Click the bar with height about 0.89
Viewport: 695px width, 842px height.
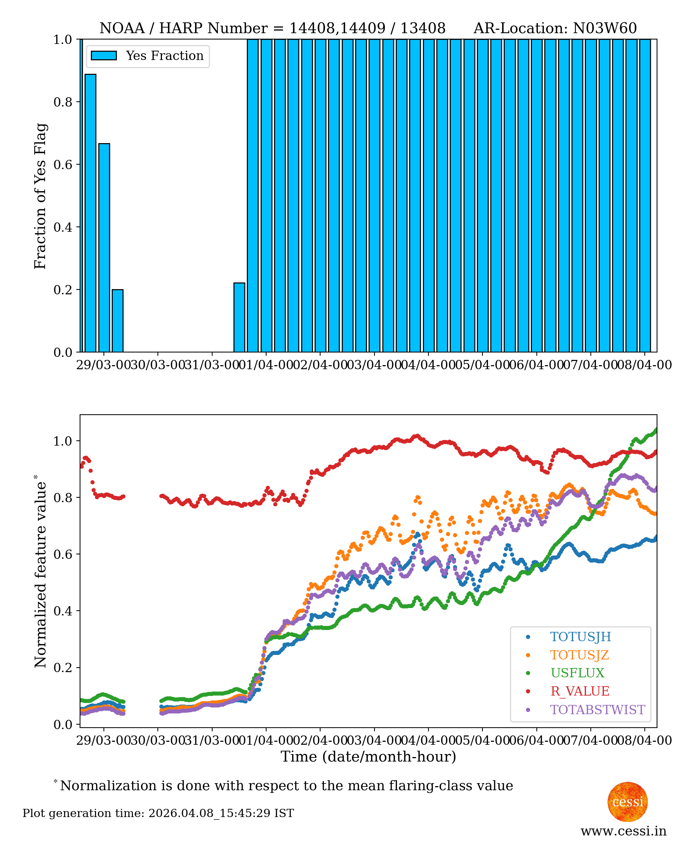point(90,213)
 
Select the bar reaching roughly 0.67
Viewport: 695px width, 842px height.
point(104,247)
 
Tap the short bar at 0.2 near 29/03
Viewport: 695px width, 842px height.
point(118,320)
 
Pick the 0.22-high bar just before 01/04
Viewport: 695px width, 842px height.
point(239,317)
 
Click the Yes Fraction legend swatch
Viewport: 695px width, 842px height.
point(104,56)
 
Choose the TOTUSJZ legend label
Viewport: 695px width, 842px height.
point(579,655)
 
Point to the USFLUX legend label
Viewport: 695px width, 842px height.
point(577,673)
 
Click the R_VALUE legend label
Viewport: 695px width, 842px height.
point(580,691)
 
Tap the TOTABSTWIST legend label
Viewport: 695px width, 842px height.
point(597,709)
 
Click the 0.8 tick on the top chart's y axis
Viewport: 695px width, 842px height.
point(63,102)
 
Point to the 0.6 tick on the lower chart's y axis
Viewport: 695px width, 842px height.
point(63,554)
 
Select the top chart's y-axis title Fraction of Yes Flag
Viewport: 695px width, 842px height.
point(41,196)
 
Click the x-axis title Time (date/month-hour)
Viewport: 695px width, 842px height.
point(368,756)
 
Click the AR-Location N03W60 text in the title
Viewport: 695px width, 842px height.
point(555,28)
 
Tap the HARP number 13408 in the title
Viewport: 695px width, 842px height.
point(423,28)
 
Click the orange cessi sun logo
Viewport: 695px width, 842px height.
point(627,801)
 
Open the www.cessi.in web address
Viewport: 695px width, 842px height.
point(623,831)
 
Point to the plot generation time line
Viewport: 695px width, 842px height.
point(158,813)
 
